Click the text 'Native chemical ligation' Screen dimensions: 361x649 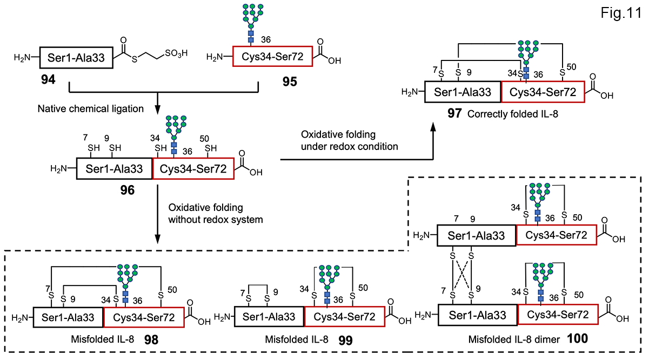(91, 109)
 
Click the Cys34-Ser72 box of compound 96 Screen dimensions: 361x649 (193, 168)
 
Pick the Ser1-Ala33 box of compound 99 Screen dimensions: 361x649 (269, 317)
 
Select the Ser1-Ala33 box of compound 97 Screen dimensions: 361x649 (463, 92)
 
